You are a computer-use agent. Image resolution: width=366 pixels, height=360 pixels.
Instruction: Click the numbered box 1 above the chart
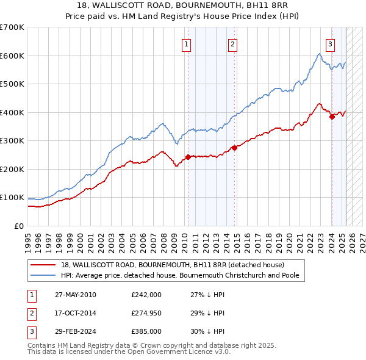185,43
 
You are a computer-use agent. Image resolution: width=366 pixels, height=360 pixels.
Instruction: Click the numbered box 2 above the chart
233,43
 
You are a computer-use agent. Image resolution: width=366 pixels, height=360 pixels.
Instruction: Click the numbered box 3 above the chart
330,43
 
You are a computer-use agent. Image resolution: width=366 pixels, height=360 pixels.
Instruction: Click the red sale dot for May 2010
188,157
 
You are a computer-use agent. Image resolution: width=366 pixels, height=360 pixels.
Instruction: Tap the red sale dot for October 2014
234,148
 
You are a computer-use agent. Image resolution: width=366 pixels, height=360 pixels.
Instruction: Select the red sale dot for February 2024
332,117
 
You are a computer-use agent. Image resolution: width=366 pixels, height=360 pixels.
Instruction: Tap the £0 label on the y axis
18,226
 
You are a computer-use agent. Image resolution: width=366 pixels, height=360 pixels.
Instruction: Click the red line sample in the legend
43,265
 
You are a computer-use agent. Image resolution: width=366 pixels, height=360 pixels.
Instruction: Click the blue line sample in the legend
43,275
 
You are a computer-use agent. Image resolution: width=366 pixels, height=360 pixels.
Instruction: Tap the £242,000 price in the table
146,295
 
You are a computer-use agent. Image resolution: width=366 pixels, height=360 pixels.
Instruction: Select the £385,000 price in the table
146,333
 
